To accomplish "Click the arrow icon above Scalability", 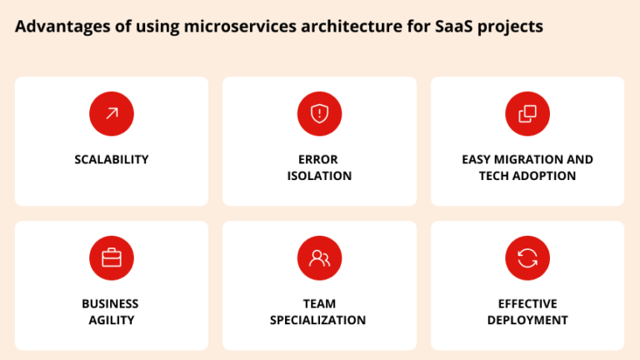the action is (x=112, y=113).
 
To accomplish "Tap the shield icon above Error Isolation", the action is (x=320, y=113).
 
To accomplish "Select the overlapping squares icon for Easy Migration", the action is (x=527, y=113).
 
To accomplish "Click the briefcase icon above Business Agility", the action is (x=112, y=258).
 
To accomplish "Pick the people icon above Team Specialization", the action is (x=320, y=258).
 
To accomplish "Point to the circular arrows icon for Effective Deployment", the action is (x=527, y=258).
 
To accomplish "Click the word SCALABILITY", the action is (x=112, y=159).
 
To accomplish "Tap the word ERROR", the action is (x=318, y=159).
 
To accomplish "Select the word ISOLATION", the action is (x=319, y=176).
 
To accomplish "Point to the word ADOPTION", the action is (x=544, y=176).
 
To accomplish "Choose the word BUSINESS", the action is (x=110, y=303).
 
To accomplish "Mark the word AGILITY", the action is (x=112, y=320).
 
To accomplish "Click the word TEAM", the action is (x=319, y=303).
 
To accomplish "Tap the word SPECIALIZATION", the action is (x=317, y=320).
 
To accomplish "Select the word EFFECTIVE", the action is (x=527, y=303).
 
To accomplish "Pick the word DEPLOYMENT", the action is (x=527, y=320).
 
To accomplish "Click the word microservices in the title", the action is (x=240, y=26).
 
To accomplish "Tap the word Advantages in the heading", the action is (x=62, y=27).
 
